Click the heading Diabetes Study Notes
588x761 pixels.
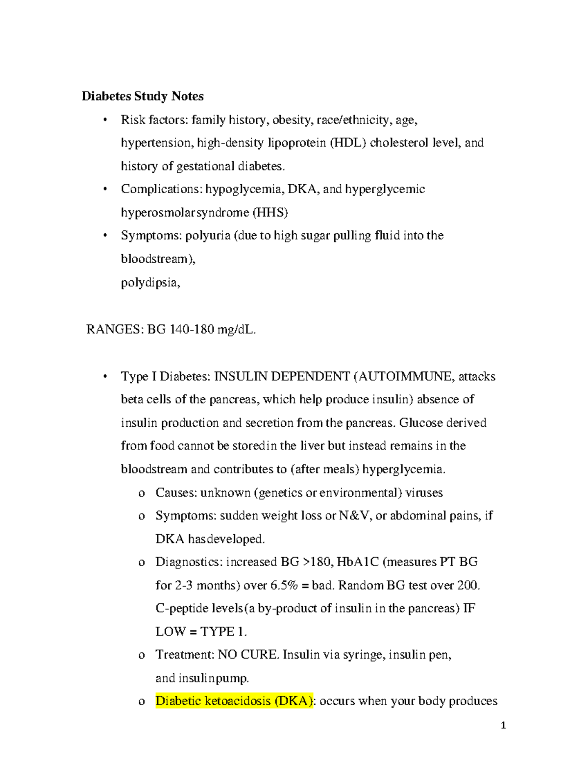[x=143, y=96]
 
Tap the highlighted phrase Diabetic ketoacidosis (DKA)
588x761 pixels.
[x=234, y=701]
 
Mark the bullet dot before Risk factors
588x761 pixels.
[x=105, y=120]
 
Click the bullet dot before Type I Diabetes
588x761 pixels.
[x=105, y=377]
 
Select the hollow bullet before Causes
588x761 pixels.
[x=142, y=493]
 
